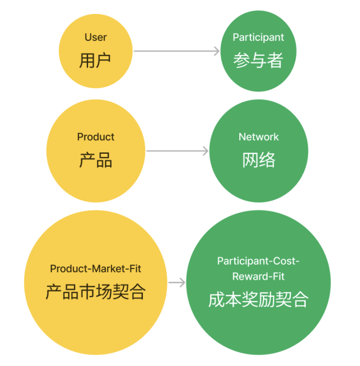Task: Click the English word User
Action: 95,37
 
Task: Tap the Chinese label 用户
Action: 95,60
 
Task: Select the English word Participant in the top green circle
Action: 258,37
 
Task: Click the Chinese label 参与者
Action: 258,60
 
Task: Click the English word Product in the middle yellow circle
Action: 95,137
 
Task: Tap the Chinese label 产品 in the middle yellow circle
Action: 95,160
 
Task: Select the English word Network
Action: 258,137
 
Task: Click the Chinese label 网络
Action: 258,160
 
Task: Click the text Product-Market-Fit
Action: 95,268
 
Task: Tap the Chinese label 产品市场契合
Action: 95,292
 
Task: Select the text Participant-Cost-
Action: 258,261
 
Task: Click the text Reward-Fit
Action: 258,277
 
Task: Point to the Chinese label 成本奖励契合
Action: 258,300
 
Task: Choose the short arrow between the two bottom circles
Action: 176,282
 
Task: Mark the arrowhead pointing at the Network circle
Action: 205,151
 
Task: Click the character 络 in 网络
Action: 267,160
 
